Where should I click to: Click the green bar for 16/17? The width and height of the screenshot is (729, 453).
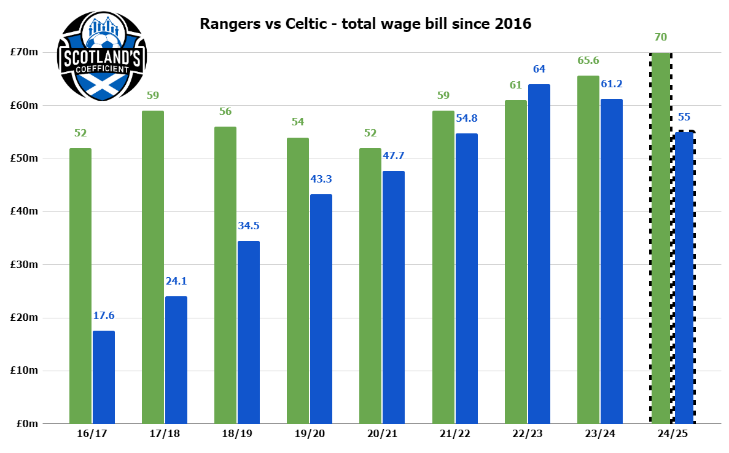[80, 286]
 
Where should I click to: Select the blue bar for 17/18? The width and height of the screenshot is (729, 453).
[176, 360]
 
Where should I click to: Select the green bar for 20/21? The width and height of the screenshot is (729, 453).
[370, 286]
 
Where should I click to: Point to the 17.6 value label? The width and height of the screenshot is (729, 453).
[104, 316]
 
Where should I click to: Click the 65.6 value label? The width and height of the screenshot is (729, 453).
[588, 61]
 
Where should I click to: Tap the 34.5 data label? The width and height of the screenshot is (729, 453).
[249, 226]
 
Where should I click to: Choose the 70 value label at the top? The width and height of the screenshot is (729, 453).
[661, 37]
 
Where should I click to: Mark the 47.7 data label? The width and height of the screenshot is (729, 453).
[394, 156]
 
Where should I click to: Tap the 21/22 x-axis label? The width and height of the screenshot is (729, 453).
[455, 433]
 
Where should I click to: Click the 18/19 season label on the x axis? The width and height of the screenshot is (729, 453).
[237, 433]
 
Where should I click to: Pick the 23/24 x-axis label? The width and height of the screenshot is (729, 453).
[600, 433]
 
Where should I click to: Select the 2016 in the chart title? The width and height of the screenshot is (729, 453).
[513, 25]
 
